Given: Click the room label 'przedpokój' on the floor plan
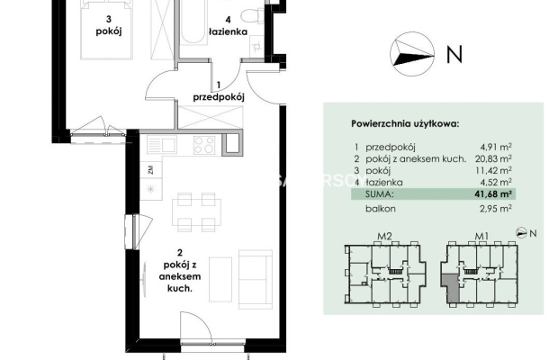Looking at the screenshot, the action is tap(219, 97).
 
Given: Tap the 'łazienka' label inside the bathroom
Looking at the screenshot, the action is tap(228, 31).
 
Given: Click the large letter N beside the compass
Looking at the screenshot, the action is tap(454, 54).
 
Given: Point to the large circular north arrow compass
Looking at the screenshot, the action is tap(412, 54).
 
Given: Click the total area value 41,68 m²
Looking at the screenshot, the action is tap(493, 194).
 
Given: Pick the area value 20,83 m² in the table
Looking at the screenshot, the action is tap(493, 158).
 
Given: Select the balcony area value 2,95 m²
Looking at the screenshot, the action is tap(496, 209).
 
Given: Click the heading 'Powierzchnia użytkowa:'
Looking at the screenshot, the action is tap(405, 124).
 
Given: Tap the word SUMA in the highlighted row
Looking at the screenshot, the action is tap(380, 194).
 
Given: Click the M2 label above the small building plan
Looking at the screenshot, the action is tap(384, 236).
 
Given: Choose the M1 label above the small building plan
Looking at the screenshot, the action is tap(481, 236).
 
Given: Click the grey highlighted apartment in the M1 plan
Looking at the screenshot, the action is tap(451, 287).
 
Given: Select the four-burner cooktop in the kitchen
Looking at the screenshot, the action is tap(204, 145).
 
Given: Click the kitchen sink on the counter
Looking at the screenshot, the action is tap(161, 145).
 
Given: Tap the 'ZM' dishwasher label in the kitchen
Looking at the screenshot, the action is tap(150, 170).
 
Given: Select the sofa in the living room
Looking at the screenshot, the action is tap(256, 279).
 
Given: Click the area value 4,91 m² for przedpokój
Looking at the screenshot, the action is tap(496, 147).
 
